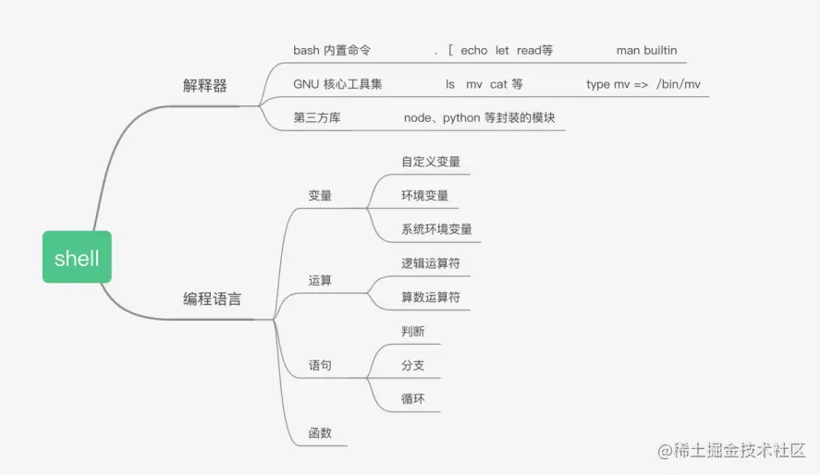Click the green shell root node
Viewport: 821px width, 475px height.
click(x=77, y=258)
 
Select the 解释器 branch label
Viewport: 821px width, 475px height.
click(x=205, y=86)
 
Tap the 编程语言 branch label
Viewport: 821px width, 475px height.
click(x=213, y=298)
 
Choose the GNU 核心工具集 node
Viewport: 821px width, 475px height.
click(x=337, y=84)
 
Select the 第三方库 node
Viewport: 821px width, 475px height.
click(x=317, y=117)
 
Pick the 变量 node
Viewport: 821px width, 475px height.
click(x=320, y=195)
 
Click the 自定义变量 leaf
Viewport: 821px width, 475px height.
click(x=431, y=162)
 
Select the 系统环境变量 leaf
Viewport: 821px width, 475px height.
click(x=436, y=228)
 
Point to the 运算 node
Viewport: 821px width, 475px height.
click(x=320, y=280)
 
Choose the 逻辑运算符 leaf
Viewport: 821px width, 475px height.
click(x=431, y=263)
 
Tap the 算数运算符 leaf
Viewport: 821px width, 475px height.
click(x=431, y=298)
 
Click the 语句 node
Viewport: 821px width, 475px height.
click(x=320, y=365)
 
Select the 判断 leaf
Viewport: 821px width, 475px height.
click(x=413, y=331)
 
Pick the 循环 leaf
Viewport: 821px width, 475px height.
click(x=413, y=399)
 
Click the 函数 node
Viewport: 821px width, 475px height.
click(x=320, y=432)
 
